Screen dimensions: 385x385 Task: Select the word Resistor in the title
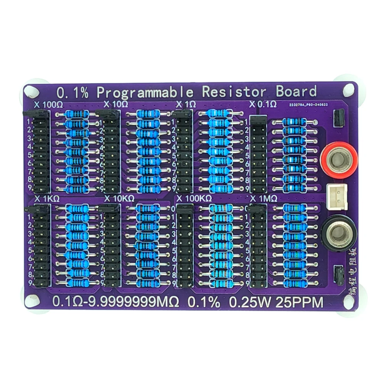[234, 92]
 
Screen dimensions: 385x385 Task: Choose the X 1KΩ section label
[47, 199]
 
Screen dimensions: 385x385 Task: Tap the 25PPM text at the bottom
[300, 302]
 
